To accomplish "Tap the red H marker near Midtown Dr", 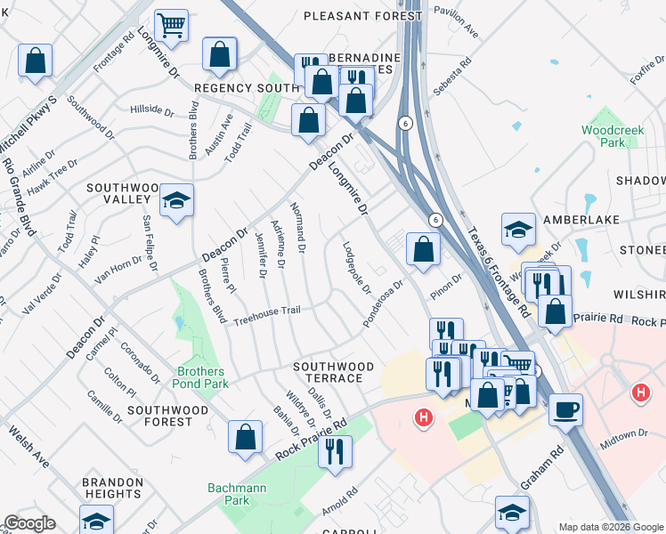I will tap(639, 392).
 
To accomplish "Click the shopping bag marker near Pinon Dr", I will tap(423, 249).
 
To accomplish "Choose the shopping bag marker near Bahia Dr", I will tap(245, 438).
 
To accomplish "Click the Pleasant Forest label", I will tap(362, 16).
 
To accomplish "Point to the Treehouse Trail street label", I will tap(267, 315).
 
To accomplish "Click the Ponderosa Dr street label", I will tap(384, 304).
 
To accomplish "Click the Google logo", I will tap(28, 523).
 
